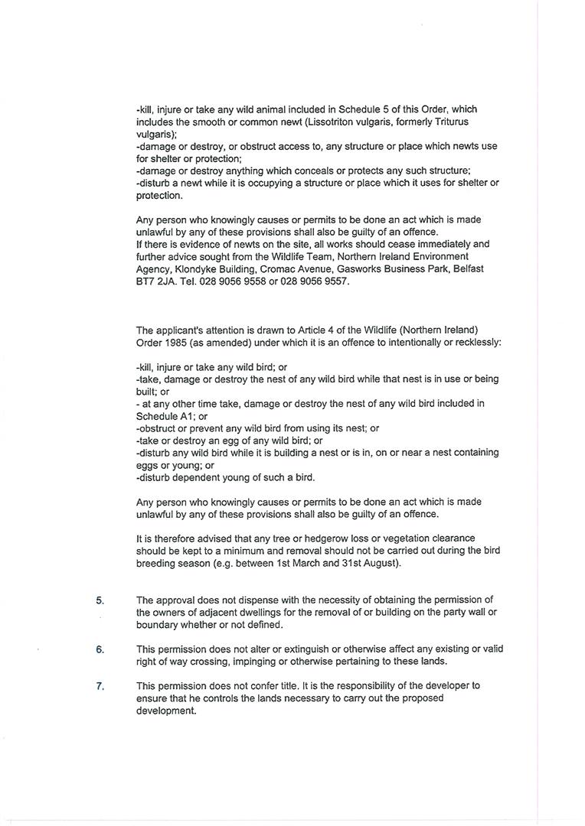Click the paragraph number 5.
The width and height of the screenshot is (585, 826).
point(100,600)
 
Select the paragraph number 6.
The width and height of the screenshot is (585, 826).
point(100,649)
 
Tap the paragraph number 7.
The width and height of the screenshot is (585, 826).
point(100,686)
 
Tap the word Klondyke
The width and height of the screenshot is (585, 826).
point(196,268)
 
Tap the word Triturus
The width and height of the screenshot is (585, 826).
point(452,122)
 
